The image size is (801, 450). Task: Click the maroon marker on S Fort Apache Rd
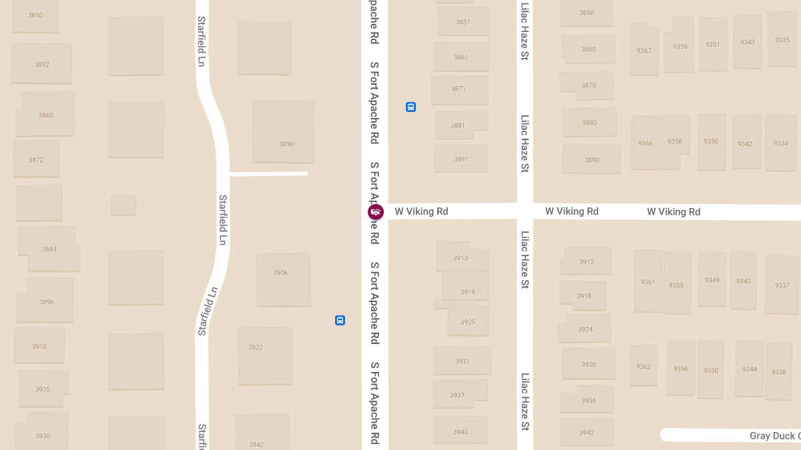coord(376,213)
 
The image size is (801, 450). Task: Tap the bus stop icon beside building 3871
coord(411,107)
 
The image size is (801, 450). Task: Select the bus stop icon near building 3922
coord(340,320)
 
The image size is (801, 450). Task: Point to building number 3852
coord(42,65)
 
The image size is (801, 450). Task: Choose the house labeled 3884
coord(49,249)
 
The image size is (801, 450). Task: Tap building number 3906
coord(280,273)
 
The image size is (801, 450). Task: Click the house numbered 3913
coord(461,258)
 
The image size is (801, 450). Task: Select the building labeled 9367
coord(644,51)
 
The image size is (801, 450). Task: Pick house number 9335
coord(782,40)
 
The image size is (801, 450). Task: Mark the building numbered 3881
coord(457,125)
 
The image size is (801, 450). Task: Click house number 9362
coord(643,367)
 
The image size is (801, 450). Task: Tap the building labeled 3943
coord(461,432)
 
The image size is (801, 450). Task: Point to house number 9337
coord(782,285)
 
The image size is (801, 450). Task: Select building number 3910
coord(39,347)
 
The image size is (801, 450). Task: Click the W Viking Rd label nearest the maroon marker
coord(421,211)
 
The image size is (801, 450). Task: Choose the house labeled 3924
coord(585,329)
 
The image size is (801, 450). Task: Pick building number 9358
coord(674,141)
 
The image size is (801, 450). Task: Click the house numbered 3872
coord(36,160)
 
